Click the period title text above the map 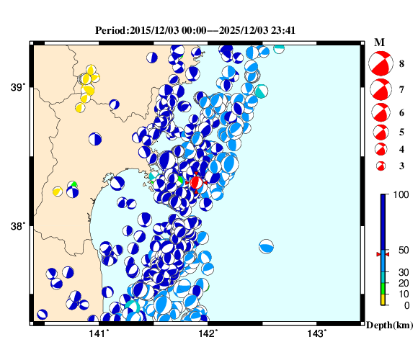click(x=195, y=30)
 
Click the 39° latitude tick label click(x=18, y=87)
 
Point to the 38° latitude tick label click(x=18, y=226)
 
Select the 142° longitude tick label click(x=208, y=333)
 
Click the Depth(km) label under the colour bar click(x=389, y=325)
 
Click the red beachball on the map click(x=195, y=183)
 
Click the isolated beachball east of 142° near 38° click(x=267, y=246)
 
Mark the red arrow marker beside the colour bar click(x=378, y=254)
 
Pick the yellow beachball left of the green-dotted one click(x=57, y=191)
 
